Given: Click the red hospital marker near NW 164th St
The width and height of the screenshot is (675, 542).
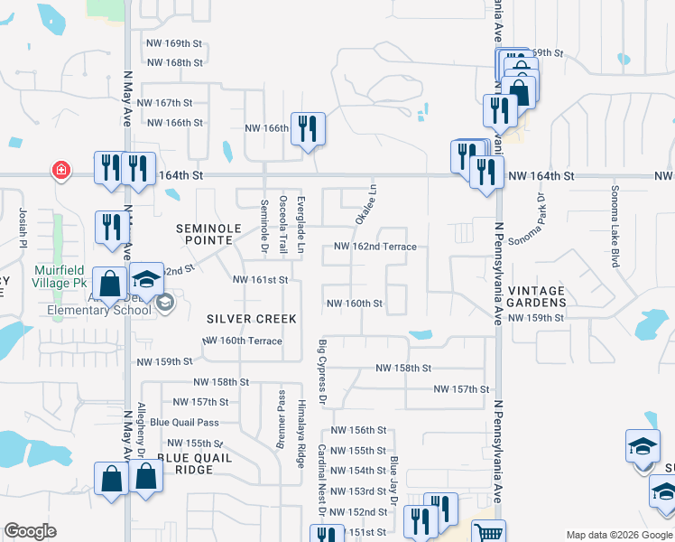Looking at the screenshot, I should pyautogui.click(x=60, y=170).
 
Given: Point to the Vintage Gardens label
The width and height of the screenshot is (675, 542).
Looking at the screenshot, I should pyautogui.click(x=535, y=297).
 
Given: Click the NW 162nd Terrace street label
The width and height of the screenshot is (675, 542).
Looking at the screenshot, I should pyautogui.click(x=374, y=247).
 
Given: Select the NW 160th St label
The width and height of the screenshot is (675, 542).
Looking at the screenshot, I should pyautogui.click(x=355, y=304).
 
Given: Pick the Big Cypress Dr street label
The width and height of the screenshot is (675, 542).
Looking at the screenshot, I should pyautogui.click(x=322, y=372).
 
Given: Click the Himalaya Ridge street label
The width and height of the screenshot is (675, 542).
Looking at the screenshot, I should pyautogui.click(x=301, y=434).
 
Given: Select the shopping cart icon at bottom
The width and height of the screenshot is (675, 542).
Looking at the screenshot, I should pyautogui.click(x=488, y=533).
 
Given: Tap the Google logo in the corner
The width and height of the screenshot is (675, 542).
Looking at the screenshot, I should pyautogui.click(x=30, y=531).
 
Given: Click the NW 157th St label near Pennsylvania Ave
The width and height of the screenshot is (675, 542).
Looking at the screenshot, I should pyautogui.click(x=461, y=389).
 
